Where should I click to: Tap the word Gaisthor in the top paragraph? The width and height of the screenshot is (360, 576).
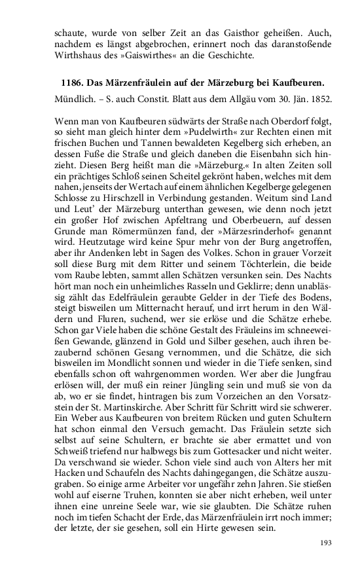point(224,31)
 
